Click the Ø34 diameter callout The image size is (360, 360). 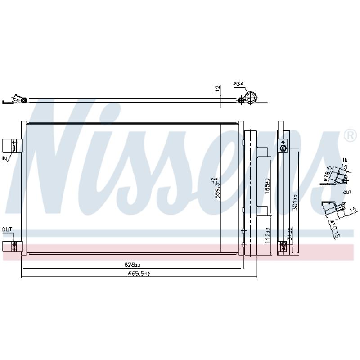pyautogui.click(x=238, y=84)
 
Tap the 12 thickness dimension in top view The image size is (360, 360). pyautogui.click(x=217, y=89)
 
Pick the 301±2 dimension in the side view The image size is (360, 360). pyautogui.click(x=295, y=202)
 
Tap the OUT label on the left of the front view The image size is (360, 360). pyautogui.click(x=7, y=229)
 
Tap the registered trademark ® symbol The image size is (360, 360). pyautogui.click(x=349, y=135)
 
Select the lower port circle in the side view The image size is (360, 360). pyautogui.click(x=283, y=245)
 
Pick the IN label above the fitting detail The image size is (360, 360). pyautogui.click(x=345, y=160)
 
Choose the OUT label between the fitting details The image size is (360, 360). pyautogui.click(x=346, y=192)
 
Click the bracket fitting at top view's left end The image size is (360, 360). pyautogui.click(x=16, y=99)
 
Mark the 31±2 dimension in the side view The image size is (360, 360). pyautogui.click(x=290, y=233)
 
